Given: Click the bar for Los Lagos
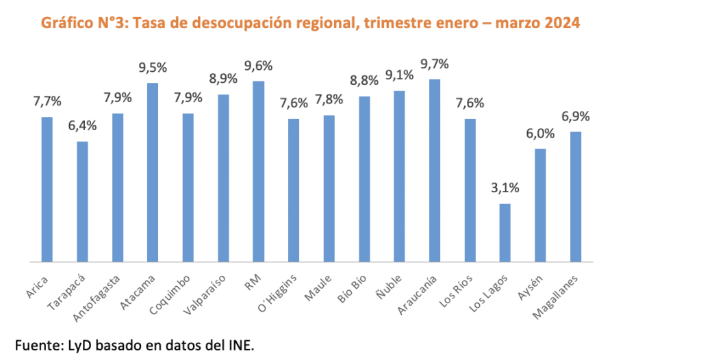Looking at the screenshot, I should [x=505, y=233].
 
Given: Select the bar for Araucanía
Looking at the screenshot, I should [x=435, y=170].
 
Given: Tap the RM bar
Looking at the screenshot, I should [x=259, y=171].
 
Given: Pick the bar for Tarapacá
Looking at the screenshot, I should [x=82, y=201].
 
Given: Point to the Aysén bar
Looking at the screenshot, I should [x=540, y=205].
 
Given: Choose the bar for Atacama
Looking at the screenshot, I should [x=153, y=172].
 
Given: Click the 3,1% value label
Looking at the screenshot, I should [x=505, y=188].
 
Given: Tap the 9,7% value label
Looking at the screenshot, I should [x=435, y=64].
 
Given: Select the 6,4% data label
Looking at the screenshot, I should [x=82, y=125].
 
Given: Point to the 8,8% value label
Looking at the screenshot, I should [x=364, y=81].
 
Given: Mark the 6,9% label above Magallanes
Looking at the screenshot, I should [x=576, y=116].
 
